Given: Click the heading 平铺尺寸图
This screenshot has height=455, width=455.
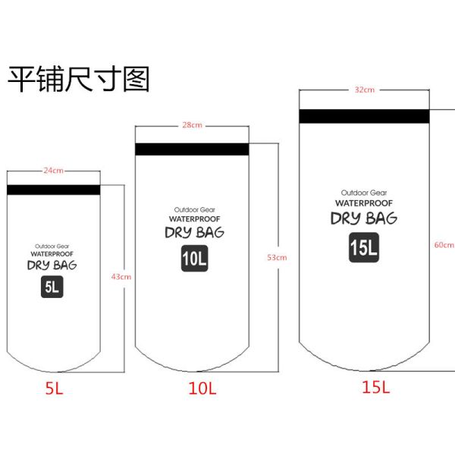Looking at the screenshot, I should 79,79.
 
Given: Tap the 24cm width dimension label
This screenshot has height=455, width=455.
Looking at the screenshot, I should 53,171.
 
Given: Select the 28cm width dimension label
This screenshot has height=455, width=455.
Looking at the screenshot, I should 192,125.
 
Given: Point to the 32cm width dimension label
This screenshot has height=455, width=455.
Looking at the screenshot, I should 365,90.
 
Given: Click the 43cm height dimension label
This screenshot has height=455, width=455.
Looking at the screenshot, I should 121,277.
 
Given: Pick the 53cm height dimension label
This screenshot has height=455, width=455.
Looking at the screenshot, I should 277,258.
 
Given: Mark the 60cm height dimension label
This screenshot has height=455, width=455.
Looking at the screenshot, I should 444,245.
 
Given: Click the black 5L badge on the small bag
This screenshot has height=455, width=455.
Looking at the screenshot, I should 52,287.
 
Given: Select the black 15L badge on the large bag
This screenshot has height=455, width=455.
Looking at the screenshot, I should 364,247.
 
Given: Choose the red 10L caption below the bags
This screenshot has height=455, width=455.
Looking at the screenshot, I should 202,389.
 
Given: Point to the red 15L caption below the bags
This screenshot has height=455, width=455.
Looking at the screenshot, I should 375,387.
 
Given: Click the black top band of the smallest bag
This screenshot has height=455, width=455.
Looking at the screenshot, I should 53,190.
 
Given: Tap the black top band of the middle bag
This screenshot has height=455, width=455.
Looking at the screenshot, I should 192,149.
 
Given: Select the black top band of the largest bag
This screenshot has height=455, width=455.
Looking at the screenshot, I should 365,116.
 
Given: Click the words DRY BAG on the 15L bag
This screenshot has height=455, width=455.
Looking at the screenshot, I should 364,219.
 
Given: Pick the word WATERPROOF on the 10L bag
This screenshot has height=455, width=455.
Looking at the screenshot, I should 194,218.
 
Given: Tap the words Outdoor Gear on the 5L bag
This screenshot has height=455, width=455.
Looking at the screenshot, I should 52,246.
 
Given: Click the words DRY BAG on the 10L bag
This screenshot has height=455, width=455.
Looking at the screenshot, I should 194,233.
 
